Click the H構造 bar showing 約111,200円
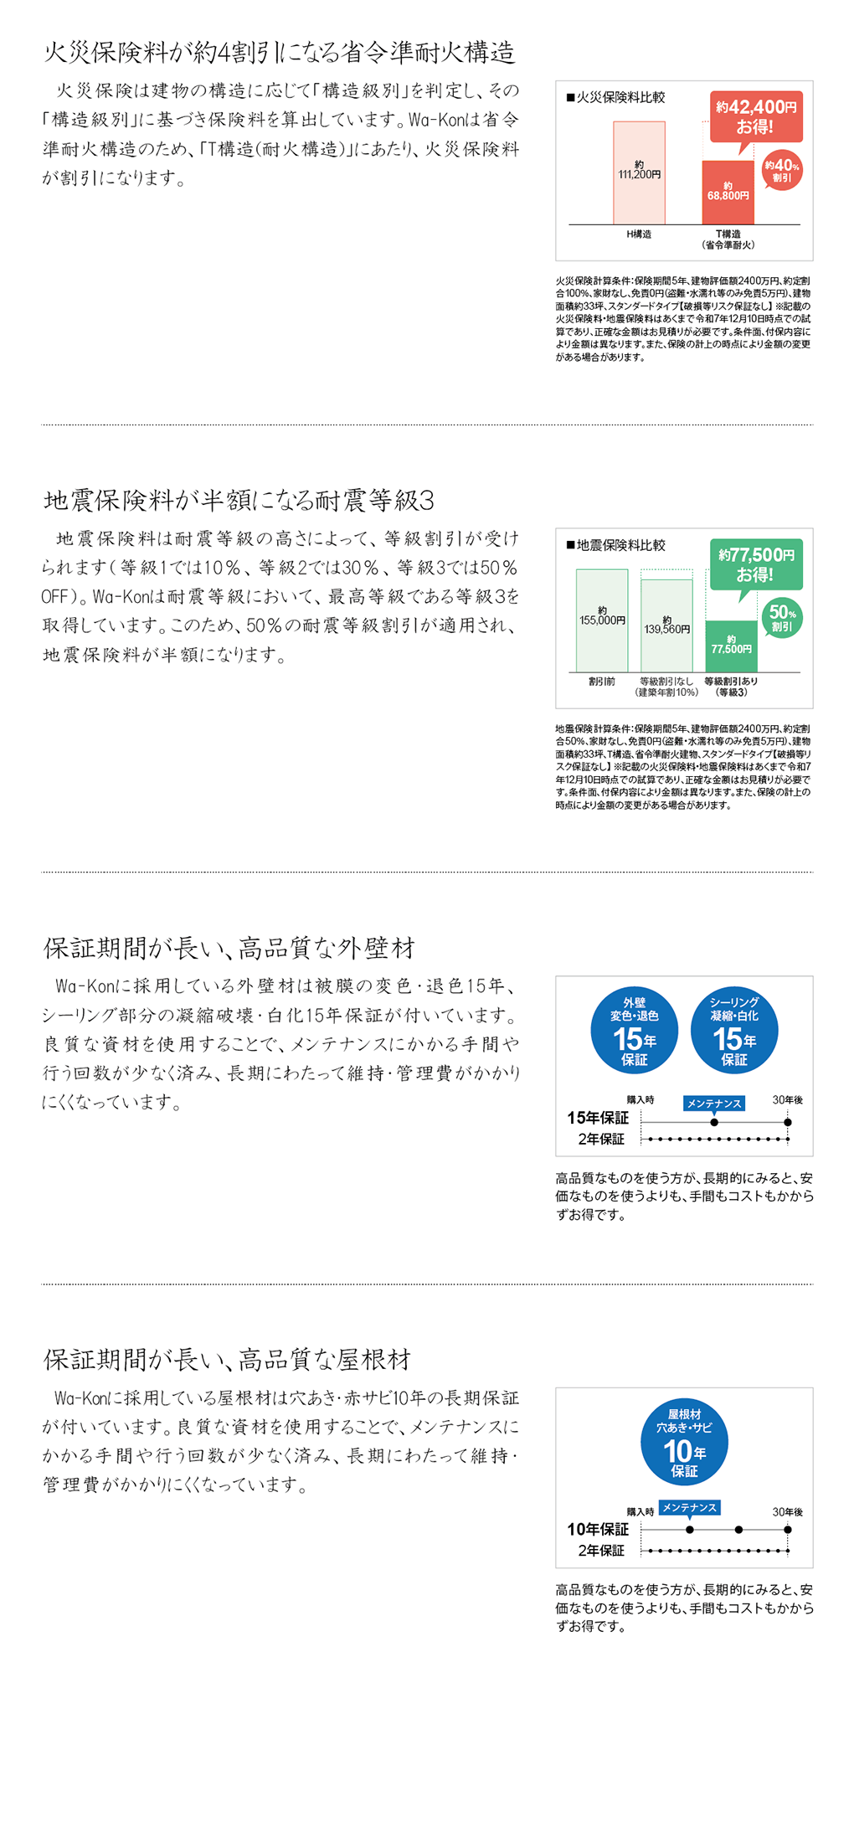click(639, 172)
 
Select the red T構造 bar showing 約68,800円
click(728, 193)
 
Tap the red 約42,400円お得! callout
click(756, 116)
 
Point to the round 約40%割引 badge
click(782, 170)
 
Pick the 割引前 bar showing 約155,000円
click(602, 620)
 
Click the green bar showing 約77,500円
click(731, 646)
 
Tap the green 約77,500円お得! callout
click(756, 564)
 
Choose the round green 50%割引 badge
click(782, 618)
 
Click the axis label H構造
click(639, 234)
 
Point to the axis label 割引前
click(602, 682)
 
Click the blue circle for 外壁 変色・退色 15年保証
click(635, 1031)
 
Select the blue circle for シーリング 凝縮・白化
click(734, 1031)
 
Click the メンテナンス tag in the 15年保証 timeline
click(714, 1104)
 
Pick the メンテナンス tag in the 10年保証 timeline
click(689, 1508)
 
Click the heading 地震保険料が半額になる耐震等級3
click(239, 501)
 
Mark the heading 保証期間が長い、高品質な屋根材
click(227, 1360)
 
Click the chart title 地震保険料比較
click(620, 546)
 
